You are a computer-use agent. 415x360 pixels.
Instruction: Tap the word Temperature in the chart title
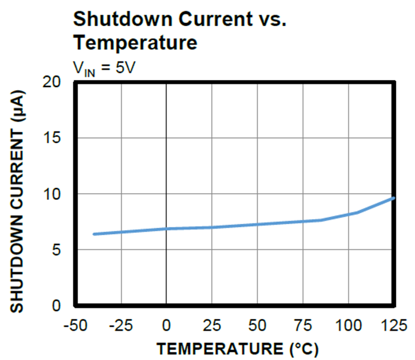point(135,43)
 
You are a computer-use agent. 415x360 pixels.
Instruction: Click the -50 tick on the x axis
point(75,325)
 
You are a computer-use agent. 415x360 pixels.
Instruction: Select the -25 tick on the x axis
point(121,325)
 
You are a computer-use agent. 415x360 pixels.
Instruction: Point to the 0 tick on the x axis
point(167,325)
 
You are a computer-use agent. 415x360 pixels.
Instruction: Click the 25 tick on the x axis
point(212,325)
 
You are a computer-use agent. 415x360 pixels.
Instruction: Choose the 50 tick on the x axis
point(258,325)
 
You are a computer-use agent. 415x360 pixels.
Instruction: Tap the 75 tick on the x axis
point(303,325)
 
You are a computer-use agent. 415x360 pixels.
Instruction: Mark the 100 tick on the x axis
point(349,325)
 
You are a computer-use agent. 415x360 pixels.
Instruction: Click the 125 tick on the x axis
point(393,325)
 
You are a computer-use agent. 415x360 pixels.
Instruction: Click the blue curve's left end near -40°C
point(95,234)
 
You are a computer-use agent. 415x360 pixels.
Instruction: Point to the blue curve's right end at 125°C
point(393,198)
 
